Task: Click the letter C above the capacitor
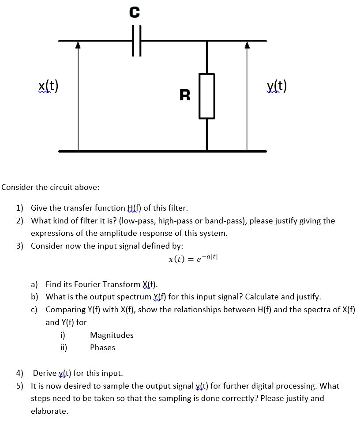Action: [135, 13]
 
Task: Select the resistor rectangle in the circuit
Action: [207, 96]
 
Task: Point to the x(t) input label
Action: [49, 86]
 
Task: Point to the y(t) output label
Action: [277, 86]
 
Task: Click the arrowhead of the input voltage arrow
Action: [78, 45]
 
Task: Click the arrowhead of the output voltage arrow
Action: [247, 45]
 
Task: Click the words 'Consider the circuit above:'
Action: [50, 187]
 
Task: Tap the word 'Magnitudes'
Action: [112, 335]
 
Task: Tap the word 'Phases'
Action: [102, 348]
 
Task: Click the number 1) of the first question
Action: [20, 208]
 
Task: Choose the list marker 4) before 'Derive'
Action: [20, 374]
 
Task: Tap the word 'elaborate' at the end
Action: [49, 411]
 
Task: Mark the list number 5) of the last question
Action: [20, 386]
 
